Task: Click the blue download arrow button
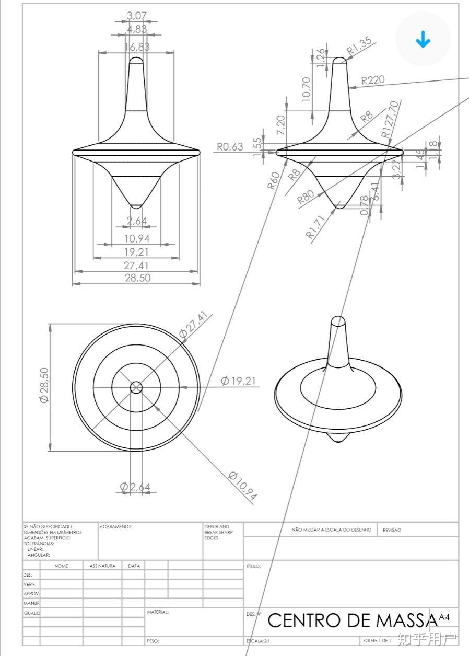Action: [423, 40]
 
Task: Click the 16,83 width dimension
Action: [137, 47]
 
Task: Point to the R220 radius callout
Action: [373, 80]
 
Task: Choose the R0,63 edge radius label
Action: [230, 147]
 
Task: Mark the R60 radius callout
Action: [274, 180]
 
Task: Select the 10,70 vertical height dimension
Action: [307, 89]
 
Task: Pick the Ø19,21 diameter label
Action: [238, 381]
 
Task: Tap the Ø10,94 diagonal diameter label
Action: [243, 486]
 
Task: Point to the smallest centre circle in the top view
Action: [136, 387]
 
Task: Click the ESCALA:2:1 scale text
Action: [259, 640]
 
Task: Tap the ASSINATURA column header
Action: [102, 566]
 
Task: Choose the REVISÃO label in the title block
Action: [392, 530]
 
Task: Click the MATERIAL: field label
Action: [158, 612]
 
